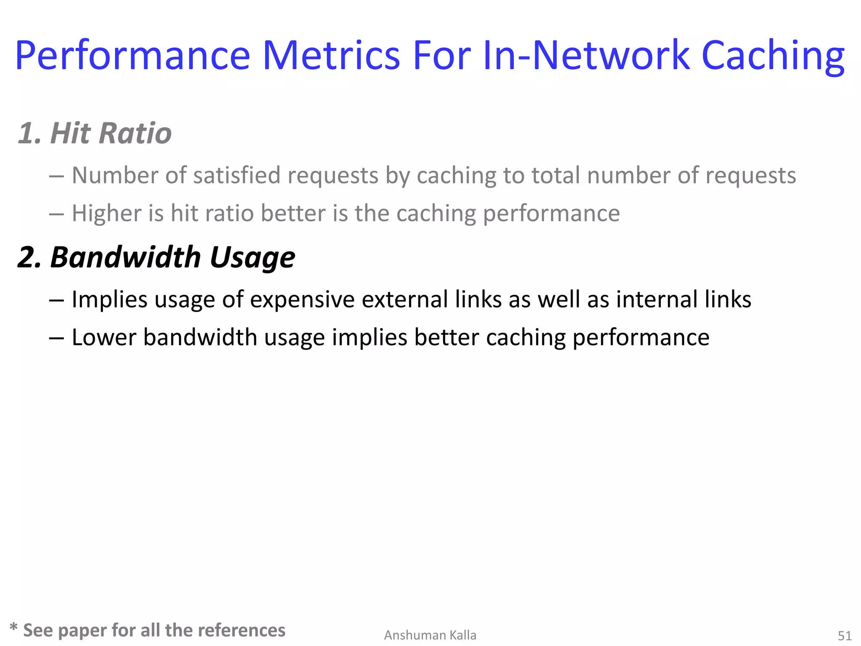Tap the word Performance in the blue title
[x=132, y=56]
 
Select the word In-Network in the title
[x=586, y=56]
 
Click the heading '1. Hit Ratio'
[x=95, y=133]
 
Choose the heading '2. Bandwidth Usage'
[x=156, y=257]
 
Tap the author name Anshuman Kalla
[x=430, y=635]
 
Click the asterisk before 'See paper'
[x=13, y=627]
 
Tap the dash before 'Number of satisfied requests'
[x=56, y=176]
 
